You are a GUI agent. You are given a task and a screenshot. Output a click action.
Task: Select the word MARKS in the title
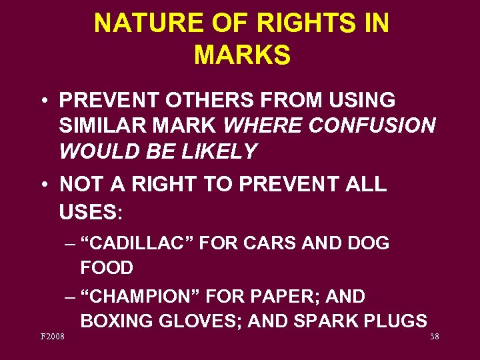242,55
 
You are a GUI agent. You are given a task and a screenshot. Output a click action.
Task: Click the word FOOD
107,268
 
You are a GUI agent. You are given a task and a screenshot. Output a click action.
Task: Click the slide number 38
434,337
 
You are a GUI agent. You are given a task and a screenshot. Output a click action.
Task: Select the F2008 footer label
51,337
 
